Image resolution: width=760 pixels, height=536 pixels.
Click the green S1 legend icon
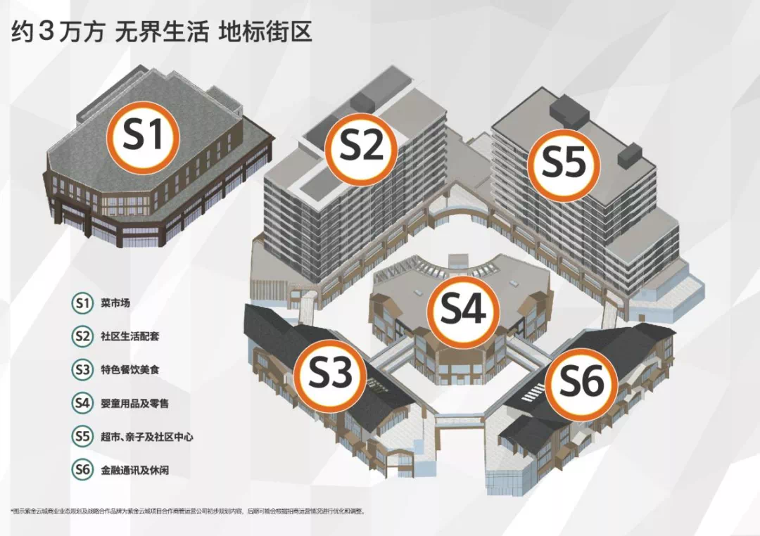(x=82, y=303)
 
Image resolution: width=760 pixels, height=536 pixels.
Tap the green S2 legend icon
(x=82, y=336)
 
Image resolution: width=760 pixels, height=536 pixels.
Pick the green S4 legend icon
(x=82, y=403)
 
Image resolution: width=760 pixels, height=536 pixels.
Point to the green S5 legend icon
(x=82, y=436)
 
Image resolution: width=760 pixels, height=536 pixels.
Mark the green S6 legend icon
(x=82, y=469)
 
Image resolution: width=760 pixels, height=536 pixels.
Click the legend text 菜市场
(x=115, y=304)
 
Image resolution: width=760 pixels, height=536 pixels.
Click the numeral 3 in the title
(x=47, y=32)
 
